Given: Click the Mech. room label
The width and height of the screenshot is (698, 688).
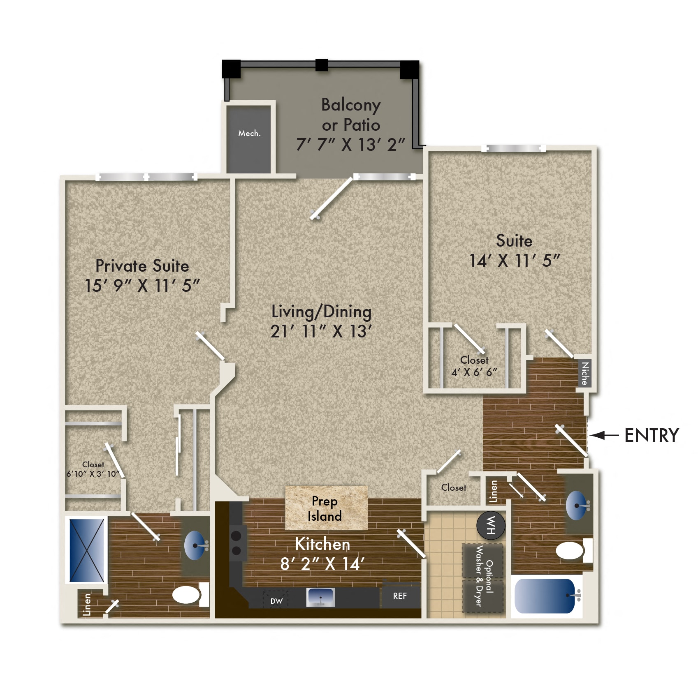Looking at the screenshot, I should [x=249, y=134].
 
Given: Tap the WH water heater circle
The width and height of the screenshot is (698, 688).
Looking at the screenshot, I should [x=490, y=525].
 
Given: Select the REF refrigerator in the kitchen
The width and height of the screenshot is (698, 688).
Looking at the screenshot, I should [x=400, y=596].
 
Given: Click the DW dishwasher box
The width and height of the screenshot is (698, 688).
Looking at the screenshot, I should [x=276, y=601].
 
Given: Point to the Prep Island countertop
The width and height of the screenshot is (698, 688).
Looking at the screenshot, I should [x=326, y=508].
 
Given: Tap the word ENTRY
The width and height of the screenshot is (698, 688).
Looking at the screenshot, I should [x=652, y=435].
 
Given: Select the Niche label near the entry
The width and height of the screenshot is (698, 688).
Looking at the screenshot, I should [x=585, y=374].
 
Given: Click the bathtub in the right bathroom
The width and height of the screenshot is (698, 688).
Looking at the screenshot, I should [x=545, y=596].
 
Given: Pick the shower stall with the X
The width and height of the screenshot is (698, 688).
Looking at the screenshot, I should [x=87, y=550].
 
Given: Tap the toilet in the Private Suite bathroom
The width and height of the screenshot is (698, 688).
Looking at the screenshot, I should [x=187, y=595].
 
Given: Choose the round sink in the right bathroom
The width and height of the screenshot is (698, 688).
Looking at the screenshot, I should [x=577, y=505].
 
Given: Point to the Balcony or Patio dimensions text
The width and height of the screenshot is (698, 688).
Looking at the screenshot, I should [x=350, y=145].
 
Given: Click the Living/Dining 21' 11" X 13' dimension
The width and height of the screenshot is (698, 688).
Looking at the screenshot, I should [x=321, y=332].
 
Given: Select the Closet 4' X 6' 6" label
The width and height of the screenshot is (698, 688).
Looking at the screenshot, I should [x=474, y=366].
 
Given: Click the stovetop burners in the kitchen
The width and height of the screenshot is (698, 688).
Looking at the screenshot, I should [x=236, y=543].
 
